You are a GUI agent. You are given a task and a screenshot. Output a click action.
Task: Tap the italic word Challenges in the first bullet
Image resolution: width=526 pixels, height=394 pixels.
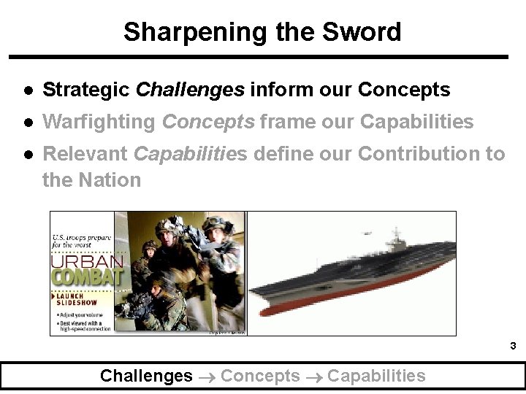click(x=190, y=90)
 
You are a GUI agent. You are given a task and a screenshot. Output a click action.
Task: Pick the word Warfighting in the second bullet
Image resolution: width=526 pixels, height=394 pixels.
click(x=99, y=122)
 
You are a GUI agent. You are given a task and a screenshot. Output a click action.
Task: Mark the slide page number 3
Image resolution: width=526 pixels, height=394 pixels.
click(x=513, y=346)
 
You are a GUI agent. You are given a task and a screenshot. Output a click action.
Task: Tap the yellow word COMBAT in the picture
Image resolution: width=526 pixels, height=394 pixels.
click(x=86, y=278)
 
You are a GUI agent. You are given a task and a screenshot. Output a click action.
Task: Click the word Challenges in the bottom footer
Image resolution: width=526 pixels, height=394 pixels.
click(x=146, y=376)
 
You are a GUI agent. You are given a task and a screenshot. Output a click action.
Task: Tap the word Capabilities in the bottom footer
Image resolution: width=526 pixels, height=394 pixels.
click(x=376, y=376)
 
